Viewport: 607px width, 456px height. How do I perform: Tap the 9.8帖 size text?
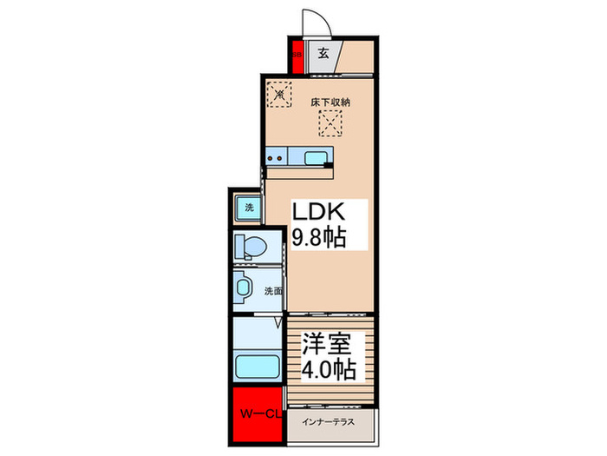click(x=319, y=237)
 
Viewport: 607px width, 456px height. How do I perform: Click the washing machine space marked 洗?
click(x=248, y=208)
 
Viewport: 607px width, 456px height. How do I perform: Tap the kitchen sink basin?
click(x=317, y=157)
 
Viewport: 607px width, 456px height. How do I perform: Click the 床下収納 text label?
click(x=330, y=102)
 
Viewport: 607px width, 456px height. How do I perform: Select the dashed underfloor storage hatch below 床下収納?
click(x=331, y=125)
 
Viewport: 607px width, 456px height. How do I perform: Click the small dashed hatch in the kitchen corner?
click(x=279, y=93)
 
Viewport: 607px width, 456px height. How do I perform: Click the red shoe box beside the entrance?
click(x=296, y=55)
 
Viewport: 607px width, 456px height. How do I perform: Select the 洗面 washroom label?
click(x=272, y=291)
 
